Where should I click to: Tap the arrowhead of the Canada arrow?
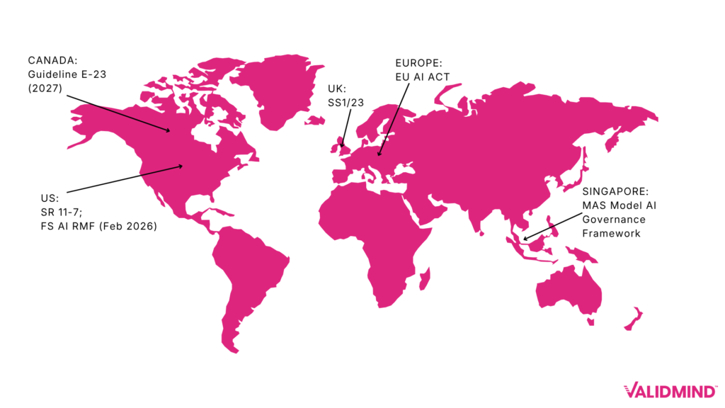point(168,130)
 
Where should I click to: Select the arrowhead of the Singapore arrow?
point(525,237)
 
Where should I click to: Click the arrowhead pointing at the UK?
point(342,147)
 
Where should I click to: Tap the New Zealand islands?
point(635,317)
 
